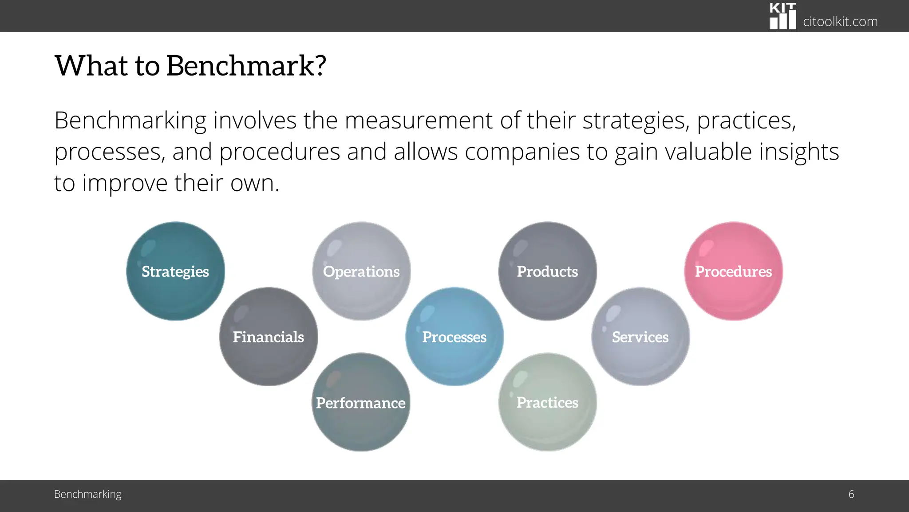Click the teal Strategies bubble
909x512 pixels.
[x=175, y=271]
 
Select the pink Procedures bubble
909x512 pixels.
[x=733, y=271]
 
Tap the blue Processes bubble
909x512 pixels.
[x=454, y=336]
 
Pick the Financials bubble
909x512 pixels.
[x=269, y=336]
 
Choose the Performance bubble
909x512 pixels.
[x=361, y=402]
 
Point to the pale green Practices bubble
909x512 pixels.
[x=547, y=402]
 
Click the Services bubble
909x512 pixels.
[x=640, y=336]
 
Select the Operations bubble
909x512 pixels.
[x=361, y=271]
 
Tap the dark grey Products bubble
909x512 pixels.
[x=547, y=271]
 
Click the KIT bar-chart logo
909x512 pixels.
[x=783, y=16]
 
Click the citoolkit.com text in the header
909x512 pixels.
[x=840, y=21]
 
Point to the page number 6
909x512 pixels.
[x=851, y=494]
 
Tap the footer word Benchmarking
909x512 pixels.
[x=87, y=494]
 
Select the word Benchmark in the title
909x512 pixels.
[x=240, y=65]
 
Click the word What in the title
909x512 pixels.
[x=91, y=65]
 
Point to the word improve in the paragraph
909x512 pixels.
[x=125, y=183]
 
